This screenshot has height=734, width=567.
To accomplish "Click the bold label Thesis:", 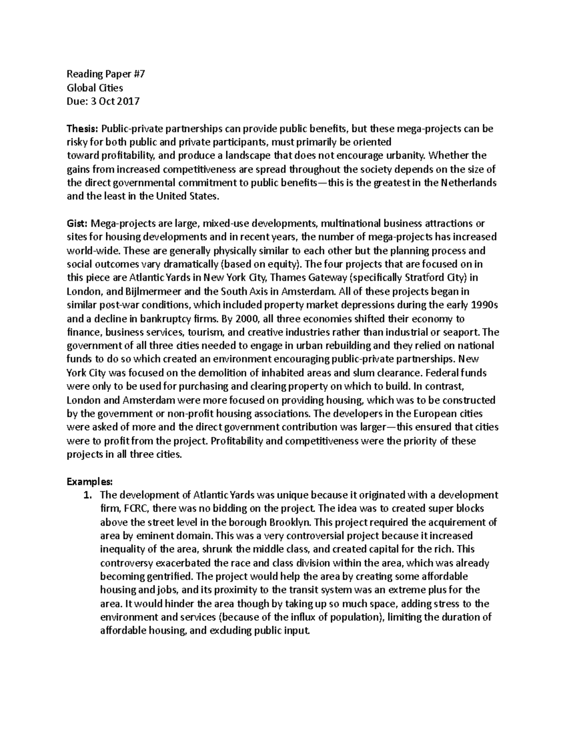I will coord(80,129).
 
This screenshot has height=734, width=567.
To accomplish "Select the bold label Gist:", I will coord(77,223).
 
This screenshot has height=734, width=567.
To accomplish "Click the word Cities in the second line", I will coord(110,88).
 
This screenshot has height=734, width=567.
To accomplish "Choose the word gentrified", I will coord(171,577).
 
